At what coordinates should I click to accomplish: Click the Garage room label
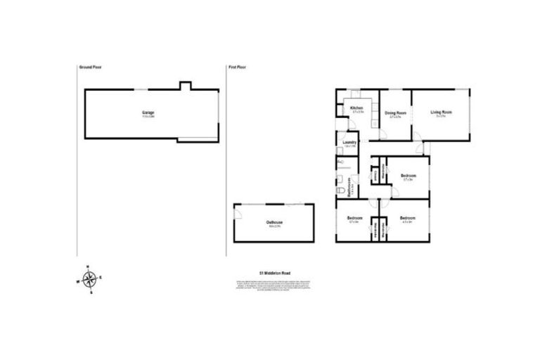(148, 112)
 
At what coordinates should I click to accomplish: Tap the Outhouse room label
(274, 222)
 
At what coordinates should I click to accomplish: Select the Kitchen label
(356, 108)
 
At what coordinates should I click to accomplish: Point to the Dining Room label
(395, 113)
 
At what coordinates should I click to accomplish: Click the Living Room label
(443, 112)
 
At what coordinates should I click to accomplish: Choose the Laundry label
(349, 143)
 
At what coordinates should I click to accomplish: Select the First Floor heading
(237, 67)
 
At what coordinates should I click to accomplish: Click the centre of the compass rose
(89, 280)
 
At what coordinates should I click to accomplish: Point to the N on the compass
(88, 266)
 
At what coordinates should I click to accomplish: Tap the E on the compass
(101, 278)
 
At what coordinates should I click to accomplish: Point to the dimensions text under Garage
(148, 117)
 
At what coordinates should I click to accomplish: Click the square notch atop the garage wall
(185, 86)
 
